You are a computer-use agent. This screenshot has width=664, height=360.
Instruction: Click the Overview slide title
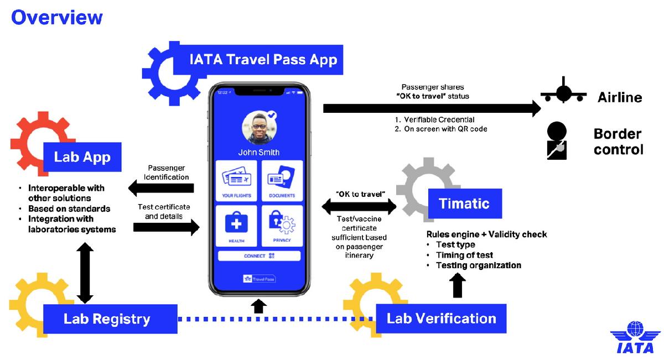coord(57,17)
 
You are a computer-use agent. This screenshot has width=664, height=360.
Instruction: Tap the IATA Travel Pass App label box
coord(258,60)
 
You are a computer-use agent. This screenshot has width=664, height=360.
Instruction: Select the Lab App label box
coord(82,157)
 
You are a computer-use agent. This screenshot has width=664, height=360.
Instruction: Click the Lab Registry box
coord(110,319)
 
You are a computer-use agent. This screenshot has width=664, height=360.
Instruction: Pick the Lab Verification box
coord(441,319)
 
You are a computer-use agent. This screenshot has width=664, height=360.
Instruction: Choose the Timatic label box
coord(465,204)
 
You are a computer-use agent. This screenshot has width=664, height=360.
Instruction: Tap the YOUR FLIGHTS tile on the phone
coord(236,181)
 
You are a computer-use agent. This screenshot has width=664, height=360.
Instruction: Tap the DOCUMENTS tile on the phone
coord(282,181)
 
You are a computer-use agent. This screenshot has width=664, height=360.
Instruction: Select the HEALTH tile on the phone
coord(236,226)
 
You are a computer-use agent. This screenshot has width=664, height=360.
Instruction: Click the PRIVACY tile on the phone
coord(282,226)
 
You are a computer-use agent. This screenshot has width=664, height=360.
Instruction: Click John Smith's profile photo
coord(260,128)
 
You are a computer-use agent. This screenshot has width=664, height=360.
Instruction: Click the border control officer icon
coord(557,141)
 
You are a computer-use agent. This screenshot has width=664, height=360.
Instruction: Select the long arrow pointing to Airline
coord(432,108)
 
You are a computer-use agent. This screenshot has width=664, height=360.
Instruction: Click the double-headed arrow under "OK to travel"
coord(359,206)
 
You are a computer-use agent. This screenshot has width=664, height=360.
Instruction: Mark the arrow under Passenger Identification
coord(161,188)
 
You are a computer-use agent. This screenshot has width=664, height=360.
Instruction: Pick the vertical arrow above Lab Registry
coord(85,273)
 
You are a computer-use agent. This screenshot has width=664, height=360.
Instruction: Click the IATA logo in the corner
coord(635,337)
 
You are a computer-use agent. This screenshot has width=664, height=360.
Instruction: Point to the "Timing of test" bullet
coord(464,255)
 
